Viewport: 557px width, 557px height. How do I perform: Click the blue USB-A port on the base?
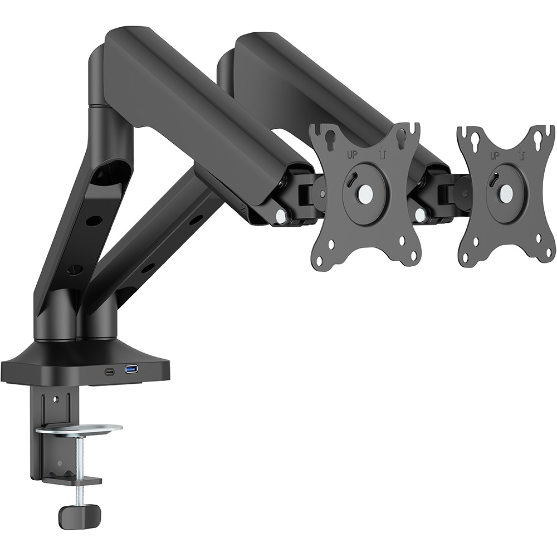[132, 369]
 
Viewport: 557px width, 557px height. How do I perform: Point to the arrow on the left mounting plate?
[382, 154]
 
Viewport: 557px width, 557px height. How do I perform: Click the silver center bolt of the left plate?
[365, 193]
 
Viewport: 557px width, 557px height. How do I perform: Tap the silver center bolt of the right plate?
[506, 193]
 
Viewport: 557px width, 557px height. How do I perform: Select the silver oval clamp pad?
[79, 429]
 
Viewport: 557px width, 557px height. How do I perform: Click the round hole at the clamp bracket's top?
[55, 399]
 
